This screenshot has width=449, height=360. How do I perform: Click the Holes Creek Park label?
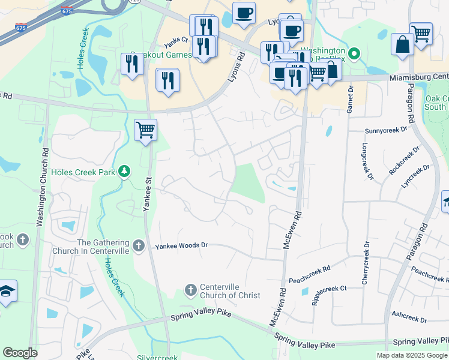click(x=83, y=172)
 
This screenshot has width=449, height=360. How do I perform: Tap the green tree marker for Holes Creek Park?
click(x=124, y=172)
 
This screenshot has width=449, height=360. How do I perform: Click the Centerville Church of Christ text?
click(x=230, y=290)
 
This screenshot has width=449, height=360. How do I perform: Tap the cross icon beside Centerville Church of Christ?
click(x=191, y=290)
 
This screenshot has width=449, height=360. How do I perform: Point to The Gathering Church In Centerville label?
click(x=103, y=247)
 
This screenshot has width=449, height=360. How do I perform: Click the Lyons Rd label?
click(x=235, y=68)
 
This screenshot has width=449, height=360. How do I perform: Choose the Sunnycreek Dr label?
click(x=386, y=130)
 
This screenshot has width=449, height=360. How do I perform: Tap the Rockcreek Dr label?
click(x=402, y=160)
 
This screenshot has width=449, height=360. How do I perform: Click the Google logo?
click(x=20, y=353)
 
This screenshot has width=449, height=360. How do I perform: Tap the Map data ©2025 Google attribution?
click(x=411, y=355)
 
